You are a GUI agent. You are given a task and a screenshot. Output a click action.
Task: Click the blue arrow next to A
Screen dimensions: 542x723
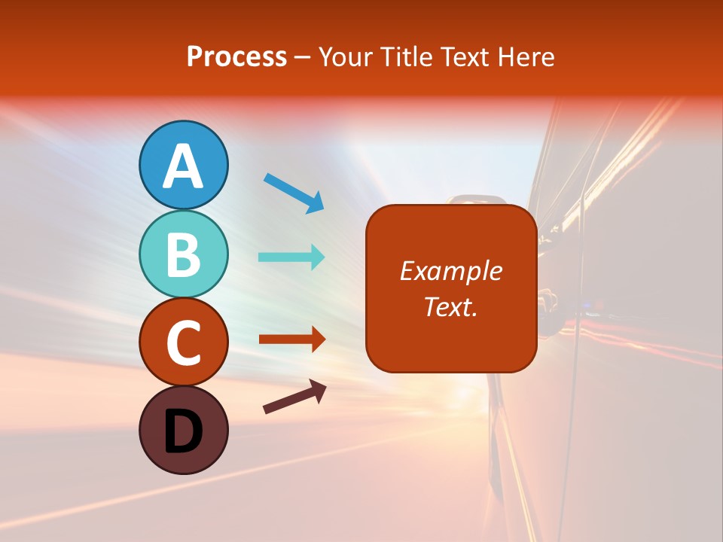tap(294, 192)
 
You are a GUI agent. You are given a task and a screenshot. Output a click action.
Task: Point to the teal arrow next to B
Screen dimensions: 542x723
tap(291, 257)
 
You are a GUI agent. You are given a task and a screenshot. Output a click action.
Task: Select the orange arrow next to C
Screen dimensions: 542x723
tap(291, 339)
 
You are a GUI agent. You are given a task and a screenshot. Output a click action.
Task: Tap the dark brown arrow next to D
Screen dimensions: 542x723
tap(294, 397)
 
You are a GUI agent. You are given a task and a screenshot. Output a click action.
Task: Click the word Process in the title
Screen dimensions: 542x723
tap(236, 57)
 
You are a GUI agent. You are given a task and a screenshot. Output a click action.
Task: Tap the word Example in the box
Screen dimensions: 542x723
tap(450, 271)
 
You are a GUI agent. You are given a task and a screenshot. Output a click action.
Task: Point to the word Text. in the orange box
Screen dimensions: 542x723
tap(450, 306)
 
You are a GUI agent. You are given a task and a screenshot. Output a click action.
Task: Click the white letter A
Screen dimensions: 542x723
tap(183, 166)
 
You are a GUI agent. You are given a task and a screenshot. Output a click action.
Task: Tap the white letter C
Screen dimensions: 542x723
tap(183, 343)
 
